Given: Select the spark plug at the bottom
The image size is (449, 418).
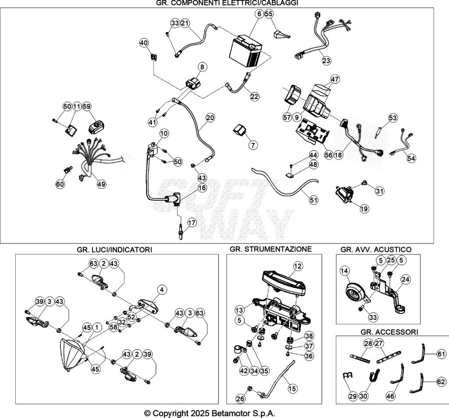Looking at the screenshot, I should point(180,232).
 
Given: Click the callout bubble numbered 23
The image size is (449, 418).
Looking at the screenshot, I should point(326,60).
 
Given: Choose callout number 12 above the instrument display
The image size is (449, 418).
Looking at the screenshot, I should point(298,266).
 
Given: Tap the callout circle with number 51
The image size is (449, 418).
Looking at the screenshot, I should point(314,200).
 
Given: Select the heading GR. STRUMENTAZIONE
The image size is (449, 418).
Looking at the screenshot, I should point(271,249).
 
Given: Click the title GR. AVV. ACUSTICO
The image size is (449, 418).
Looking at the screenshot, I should point(376,249).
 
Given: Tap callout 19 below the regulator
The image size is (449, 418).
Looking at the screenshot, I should point(364,209).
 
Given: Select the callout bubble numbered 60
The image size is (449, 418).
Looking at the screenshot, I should point(60,184).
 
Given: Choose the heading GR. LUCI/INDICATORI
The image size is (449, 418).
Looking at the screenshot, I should point(114,249).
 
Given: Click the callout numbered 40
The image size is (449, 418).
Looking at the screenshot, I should point(144,43).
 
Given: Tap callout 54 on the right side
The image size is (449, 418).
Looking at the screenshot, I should point(411,158).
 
